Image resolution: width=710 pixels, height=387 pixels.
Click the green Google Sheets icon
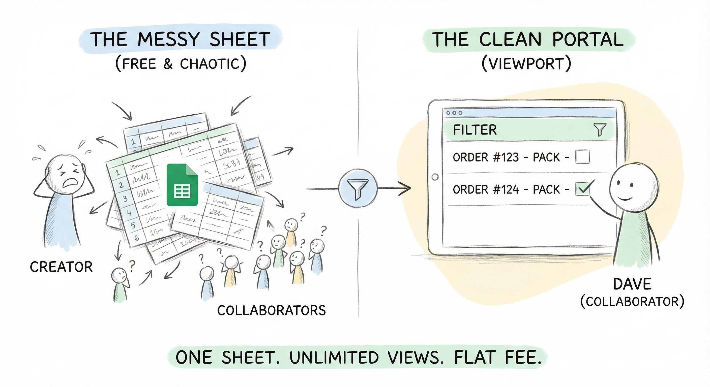pos(182,185)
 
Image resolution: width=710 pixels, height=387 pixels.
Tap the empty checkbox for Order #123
pos(582,157)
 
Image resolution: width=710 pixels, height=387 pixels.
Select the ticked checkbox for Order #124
pos(582,189)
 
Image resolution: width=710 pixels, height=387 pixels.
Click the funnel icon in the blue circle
pos(358,189)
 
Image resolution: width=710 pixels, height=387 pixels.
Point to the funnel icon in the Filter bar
pos(600,130)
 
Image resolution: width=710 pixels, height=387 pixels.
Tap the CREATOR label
pos(61,267)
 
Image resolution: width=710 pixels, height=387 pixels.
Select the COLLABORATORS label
pos(272,310)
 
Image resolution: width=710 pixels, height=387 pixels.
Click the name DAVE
pos(632,284)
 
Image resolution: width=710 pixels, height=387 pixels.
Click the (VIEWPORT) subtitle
pos(526,64)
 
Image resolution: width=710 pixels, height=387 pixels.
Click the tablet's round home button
pos(435,177)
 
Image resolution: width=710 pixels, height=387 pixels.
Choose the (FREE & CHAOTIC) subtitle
pos(181,64)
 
